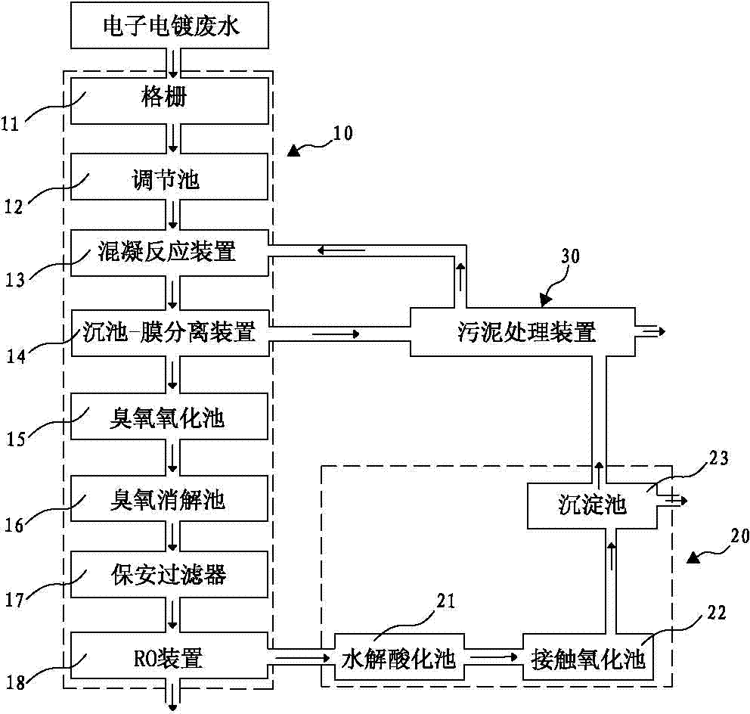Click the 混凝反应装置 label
[x=168, y=252]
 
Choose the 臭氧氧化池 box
[x=170, y=416]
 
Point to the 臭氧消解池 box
[x=170, y=499]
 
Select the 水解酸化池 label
[x=397, y=659]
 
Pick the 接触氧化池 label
[x=588, y=659]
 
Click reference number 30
[x=570, y=256]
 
